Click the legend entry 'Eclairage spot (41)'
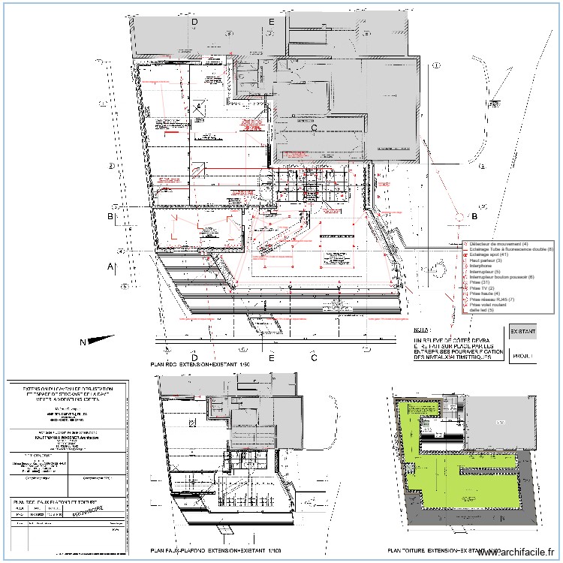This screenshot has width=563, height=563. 489,255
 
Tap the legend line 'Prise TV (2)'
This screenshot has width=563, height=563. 482,288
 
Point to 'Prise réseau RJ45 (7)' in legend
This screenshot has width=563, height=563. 492,300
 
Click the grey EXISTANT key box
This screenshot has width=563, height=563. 525,330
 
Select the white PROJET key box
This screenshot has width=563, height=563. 524,356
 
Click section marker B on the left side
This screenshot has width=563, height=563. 110,217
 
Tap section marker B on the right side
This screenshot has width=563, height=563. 474,217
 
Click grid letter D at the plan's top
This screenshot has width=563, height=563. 194,23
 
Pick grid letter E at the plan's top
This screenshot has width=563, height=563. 271,23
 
